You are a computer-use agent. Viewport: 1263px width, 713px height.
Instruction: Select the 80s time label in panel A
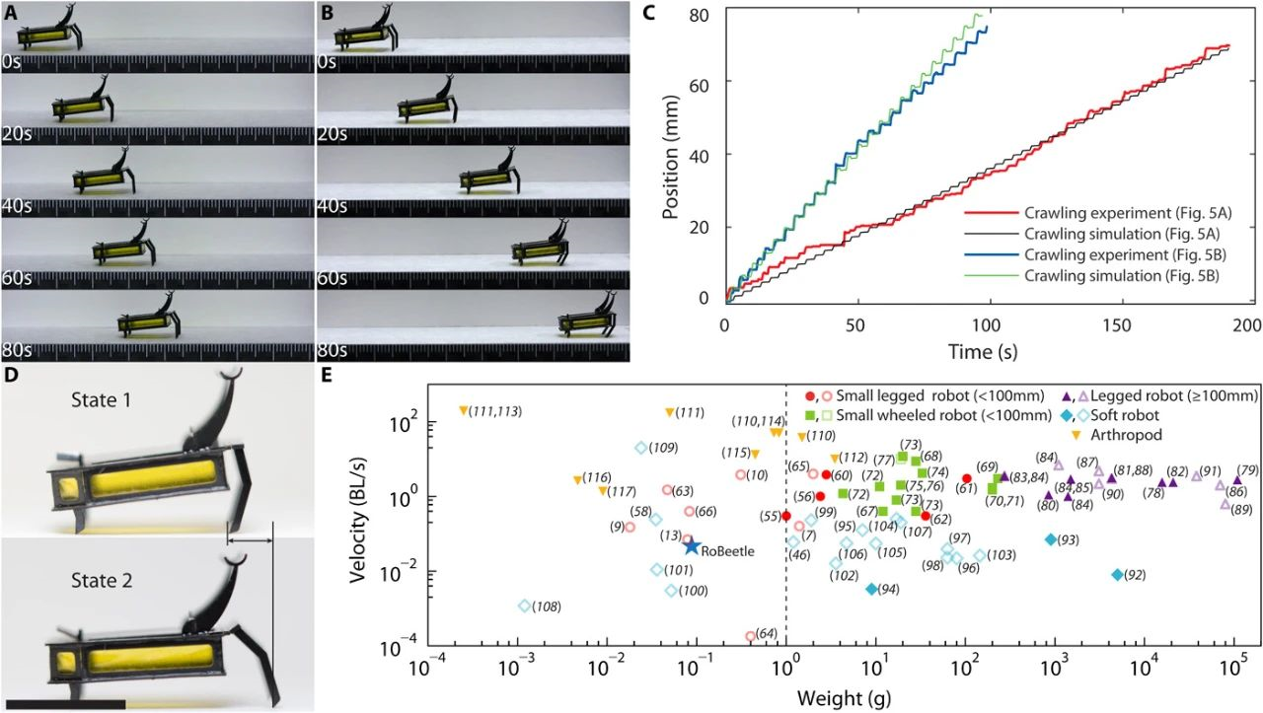tap(18, 351)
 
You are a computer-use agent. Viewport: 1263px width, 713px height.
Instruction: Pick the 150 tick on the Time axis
tap(1116, 324)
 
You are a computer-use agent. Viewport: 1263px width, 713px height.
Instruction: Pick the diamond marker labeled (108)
tap(524, 606)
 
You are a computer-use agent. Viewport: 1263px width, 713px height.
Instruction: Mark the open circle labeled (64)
tap(750, 636)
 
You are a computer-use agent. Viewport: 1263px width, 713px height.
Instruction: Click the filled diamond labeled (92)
tap(1117, 574)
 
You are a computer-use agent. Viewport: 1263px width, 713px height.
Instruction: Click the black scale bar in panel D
tap(63, 703)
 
